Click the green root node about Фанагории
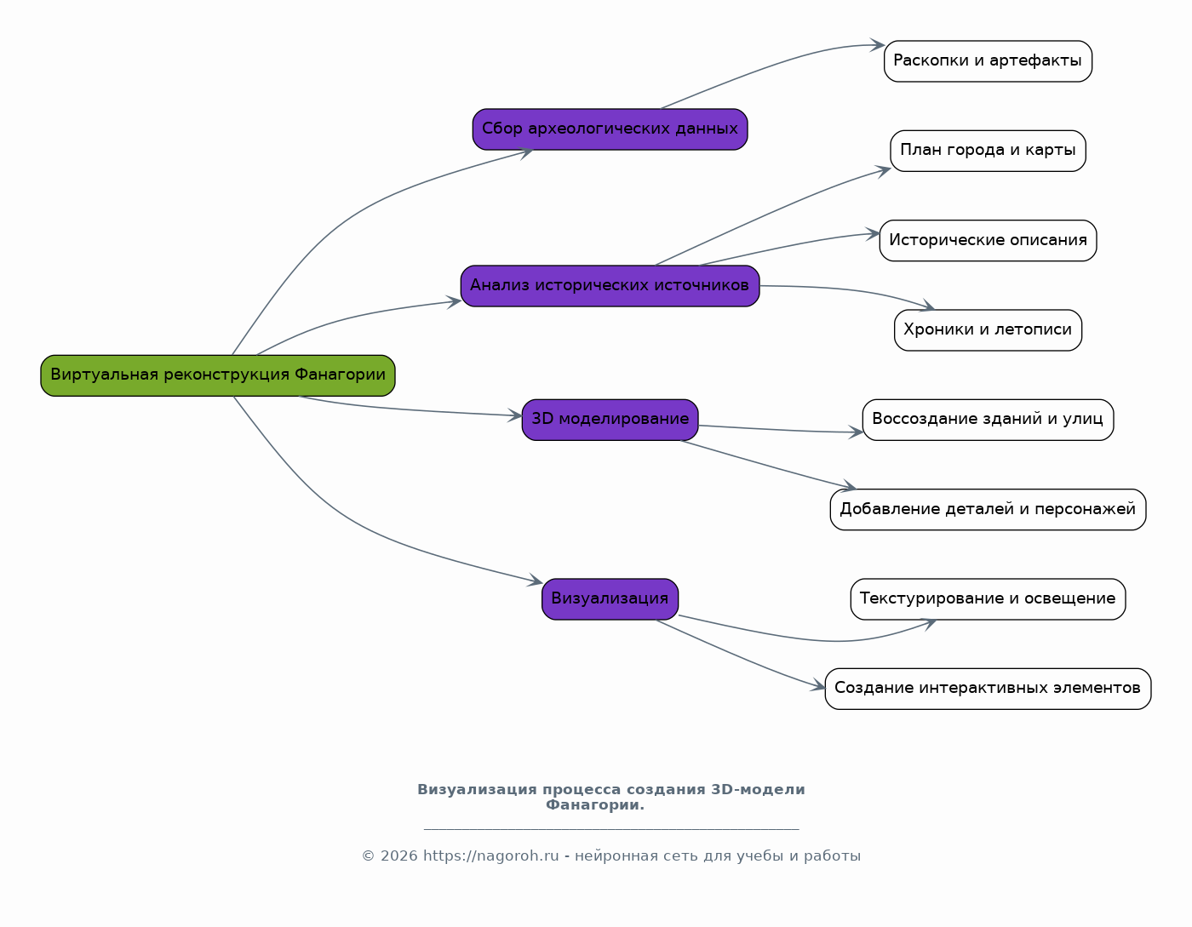point(218,375)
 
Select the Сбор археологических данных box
point(610,129)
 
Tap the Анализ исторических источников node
point(610,286)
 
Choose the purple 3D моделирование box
point(610,420)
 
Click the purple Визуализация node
point(610,599)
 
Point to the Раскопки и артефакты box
point(988,61)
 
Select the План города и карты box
point(988,151)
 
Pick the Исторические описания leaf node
point(988,241)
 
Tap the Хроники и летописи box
point(988,330)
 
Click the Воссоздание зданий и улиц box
point(988,420)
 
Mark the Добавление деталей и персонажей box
point(988,510)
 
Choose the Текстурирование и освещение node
point(988,599)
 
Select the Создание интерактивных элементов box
point(988,690)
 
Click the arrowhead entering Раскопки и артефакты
point(878,45)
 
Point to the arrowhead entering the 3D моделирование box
point(515,415)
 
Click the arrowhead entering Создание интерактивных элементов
point(818,685)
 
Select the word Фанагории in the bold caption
point(595,804)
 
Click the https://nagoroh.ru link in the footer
point(491,855)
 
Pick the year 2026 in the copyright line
point(398,855)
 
